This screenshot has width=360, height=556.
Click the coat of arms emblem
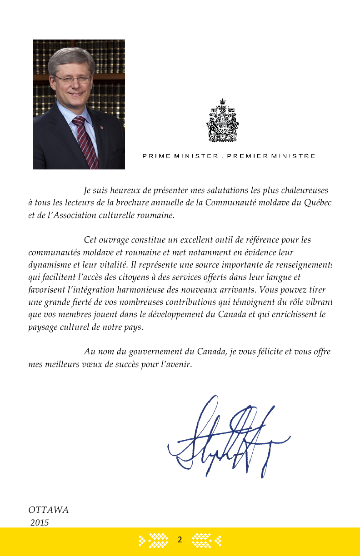coord(223,121)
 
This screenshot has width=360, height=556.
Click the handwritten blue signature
coord(227,438)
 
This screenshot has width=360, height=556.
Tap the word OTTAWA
coord(49,510)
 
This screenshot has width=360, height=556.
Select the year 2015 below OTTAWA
coord(40,522)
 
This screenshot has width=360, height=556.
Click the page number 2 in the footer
coord(180,540)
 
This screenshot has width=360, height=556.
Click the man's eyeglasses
coord(73,79)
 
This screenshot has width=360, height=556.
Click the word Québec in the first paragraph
coord(318,203)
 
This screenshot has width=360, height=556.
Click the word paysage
coord(44,327)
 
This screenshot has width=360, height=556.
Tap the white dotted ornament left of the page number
coord(154,540)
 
